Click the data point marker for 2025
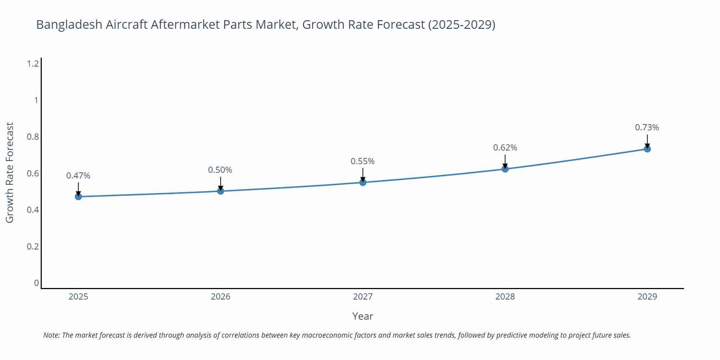point(78,197)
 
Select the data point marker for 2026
point(221,191)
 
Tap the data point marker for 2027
point(363,183)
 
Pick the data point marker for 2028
point(505,169)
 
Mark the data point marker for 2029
point(647,149)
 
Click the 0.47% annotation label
point(78,176)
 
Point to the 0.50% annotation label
point(220,170)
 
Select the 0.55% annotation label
point(363,161)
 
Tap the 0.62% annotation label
point(505,148)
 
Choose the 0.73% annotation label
point(647,127)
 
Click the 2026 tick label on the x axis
point(220,297)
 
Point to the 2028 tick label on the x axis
point(505,297)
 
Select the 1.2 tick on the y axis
point(33,64)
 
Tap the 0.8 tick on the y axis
point(33,137)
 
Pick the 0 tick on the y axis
point(36,283)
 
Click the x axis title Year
point(363,316)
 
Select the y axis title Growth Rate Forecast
point(10,172)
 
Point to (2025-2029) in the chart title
point(462,24)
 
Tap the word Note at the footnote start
point(51,335)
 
